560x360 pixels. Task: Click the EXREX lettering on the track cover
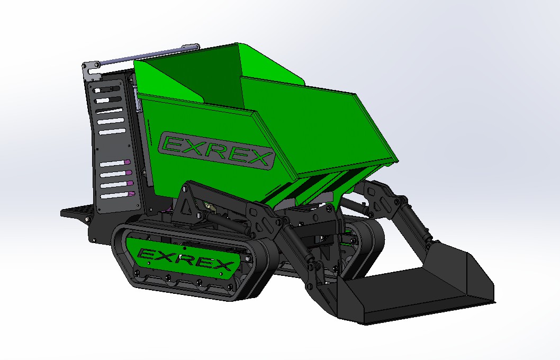pos(185,259)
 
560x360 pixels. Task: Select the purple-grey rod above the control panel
pos(149,56)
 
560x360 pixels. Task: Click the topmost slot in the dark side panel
pos(107,89)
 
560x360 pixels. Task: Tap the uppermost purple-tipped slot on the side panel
pos(115,163)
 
